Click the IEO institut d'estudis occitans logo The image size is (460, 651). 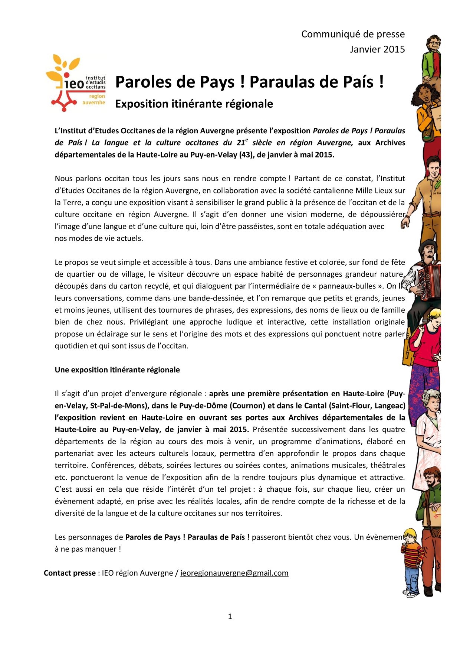pyautogui.click(x=76, y=84)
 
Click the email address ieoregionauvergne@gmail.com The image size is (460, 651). pyautogui.click(x=234, y=573)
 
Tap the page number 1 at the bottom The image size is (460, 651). pyautogui.click(x=230, y=617)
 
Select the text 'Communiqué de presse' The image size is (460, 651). pyautogui.click(x=353, y=34)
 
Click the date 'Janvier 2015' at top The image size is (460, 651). pyautogui.click(x=377, y=49)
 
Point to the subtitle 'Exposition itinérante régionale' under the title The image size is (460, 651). pyautogui.click(x=194, y=104)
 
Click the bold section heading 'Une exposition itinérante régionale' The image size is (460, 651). pyautogui.click(x=117, y=370)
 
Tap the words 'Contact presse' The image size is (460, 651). pyautogui.click(x=70, y=573)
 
